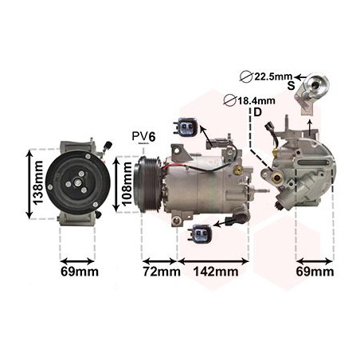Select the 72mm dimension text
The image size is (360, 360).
[x=160, y=272]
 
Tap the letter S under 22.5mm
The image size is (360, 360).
[x=292, y=87]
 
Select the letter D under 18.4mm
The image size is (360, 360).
[x=257, y=112]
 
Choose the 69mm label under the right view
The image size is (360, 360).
[x=315, y=272]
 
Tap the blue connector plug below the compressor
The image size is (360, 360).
[x=201, y=235]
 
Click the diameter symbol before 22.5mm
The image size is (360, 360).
[x=246, y=76]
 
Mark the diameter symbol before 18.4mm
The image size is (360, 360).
[x=229, y=100]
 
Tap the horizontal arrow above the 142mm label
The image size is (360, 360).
[x=213, y=260]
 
